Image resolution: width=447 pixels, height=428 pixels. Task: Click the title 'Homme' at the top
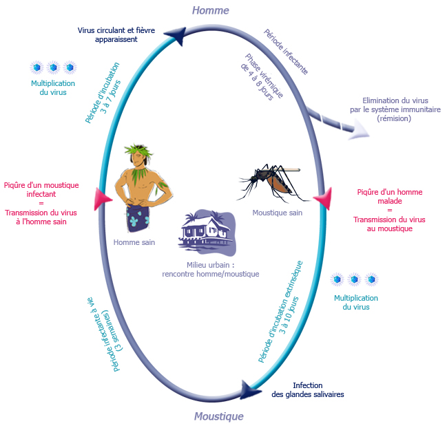[x=211, y=10]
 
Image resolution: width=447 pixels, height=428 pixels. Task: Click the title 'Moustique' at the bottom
[x=218, y=416]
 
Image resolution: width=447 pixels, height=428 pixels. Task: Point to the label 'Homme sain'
[x=134, y=242]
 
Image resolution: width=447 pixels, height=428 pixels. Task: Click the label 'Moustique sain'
[x=278, y=213]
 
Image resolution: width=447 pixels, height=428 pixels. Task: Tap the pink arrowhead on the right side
[x=322, y=199]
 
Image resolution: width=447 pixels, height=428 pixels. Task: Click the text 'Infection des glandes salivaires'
[x=307, y=389]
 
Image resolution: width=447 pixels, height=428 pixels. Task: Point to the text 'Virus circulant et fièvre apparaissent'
[x=116, y=34]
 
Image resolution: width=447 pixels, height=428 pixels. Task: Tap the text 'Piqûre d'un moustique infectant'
[x=41, y=189]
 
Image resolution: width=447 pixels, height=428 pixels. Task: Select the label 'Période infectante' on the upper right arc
[x=286, y=52]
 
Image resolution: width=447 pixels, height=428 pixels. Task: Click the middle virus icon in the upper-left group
[x=52, y=67]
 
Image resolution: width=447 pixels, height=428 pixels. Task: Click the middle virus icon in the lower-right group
[x=354, y=279]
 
